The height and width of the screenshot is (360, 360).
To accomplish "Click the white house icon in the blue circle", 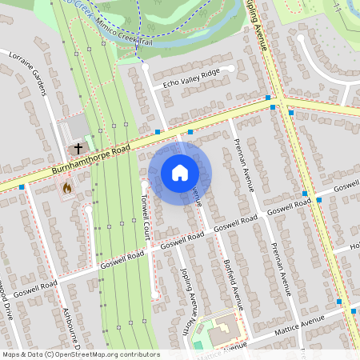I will pos(180,173).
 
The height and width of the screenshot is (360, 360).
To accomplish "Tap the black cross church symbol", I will pos(78,148).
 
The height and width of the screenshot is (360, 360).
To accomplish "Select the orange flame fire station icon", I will pos(67,188).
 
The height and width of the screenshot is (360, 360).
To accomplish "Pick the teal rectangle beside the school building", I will pos(198,345).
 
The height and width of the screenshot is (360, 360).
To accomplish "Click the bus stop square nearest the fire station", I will pos(22,187).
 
